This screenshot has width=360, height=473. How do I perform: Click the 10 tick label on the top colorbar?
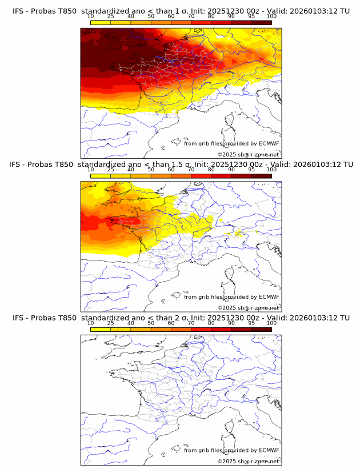(x=91, y=17)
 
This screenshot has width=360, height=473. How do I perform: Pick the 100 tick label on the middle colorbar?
(x=271, y=170)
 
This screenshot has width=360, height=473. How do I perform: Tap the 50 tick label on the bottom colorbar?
(x=151, y=323)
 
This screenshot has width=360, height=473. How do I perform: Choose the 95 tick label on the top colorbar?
(x=251, y=17)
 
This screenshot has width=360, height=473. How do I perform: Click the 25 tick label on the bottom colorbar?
(x=111, y=323)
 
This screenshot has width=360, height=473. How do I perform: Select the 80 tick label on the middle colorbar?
(x=211, y=170)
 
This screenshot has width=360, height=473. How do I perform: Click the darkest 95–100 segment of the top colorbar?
(x=262, y=22)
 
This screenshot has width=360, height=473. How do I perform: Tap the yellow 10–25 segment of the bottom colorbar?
(x=101, y=328)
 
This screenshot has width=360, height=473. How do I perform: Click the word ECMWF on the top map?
(x=269, y=143)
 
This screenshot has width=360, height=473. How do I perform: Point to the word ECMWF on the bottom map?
(x=269, y=450)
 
